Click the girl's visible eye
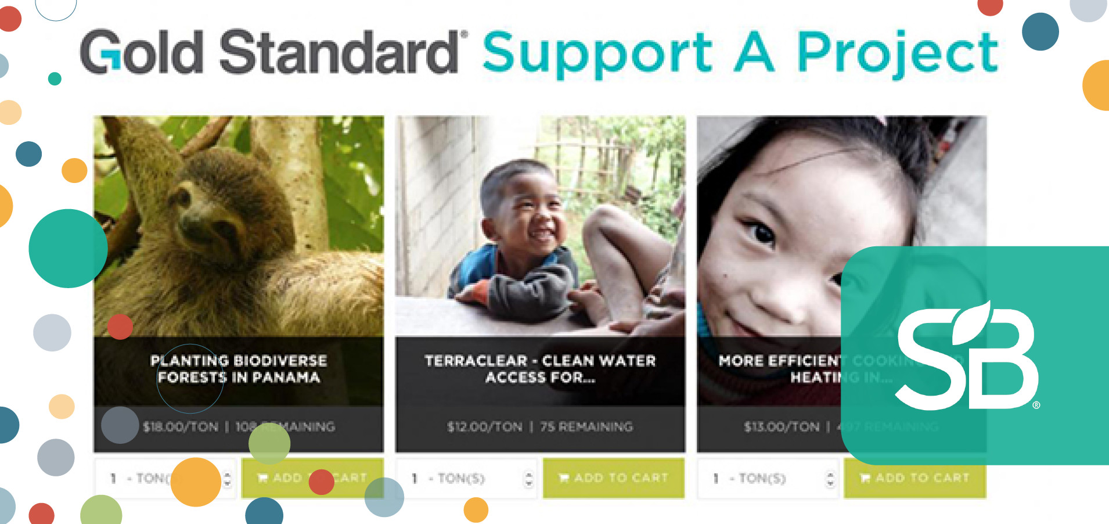pyautogui.click(x=761, y=233)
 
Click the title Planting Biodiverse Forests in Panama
pyautogui.click(x=239, y=369)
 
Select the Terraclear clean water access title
pyautogui.click(x=540, y=369)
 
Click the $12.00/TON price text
pyautogui.click(x=484, y=427)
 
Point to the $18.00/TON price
pyautogui.click(x=181, y=427)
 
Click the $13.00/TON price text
pyautogui.click(x=782, y=427)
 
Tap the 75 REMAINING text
pyautogui.click(x=586, y=427)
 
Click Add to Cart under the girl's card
pyautogui.click(x=915, y=478)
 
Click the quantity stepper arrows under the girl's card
pyautogui.click(x=830, y=479)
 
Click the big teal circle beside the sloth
pyautogui.click(x=68, y=248)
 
